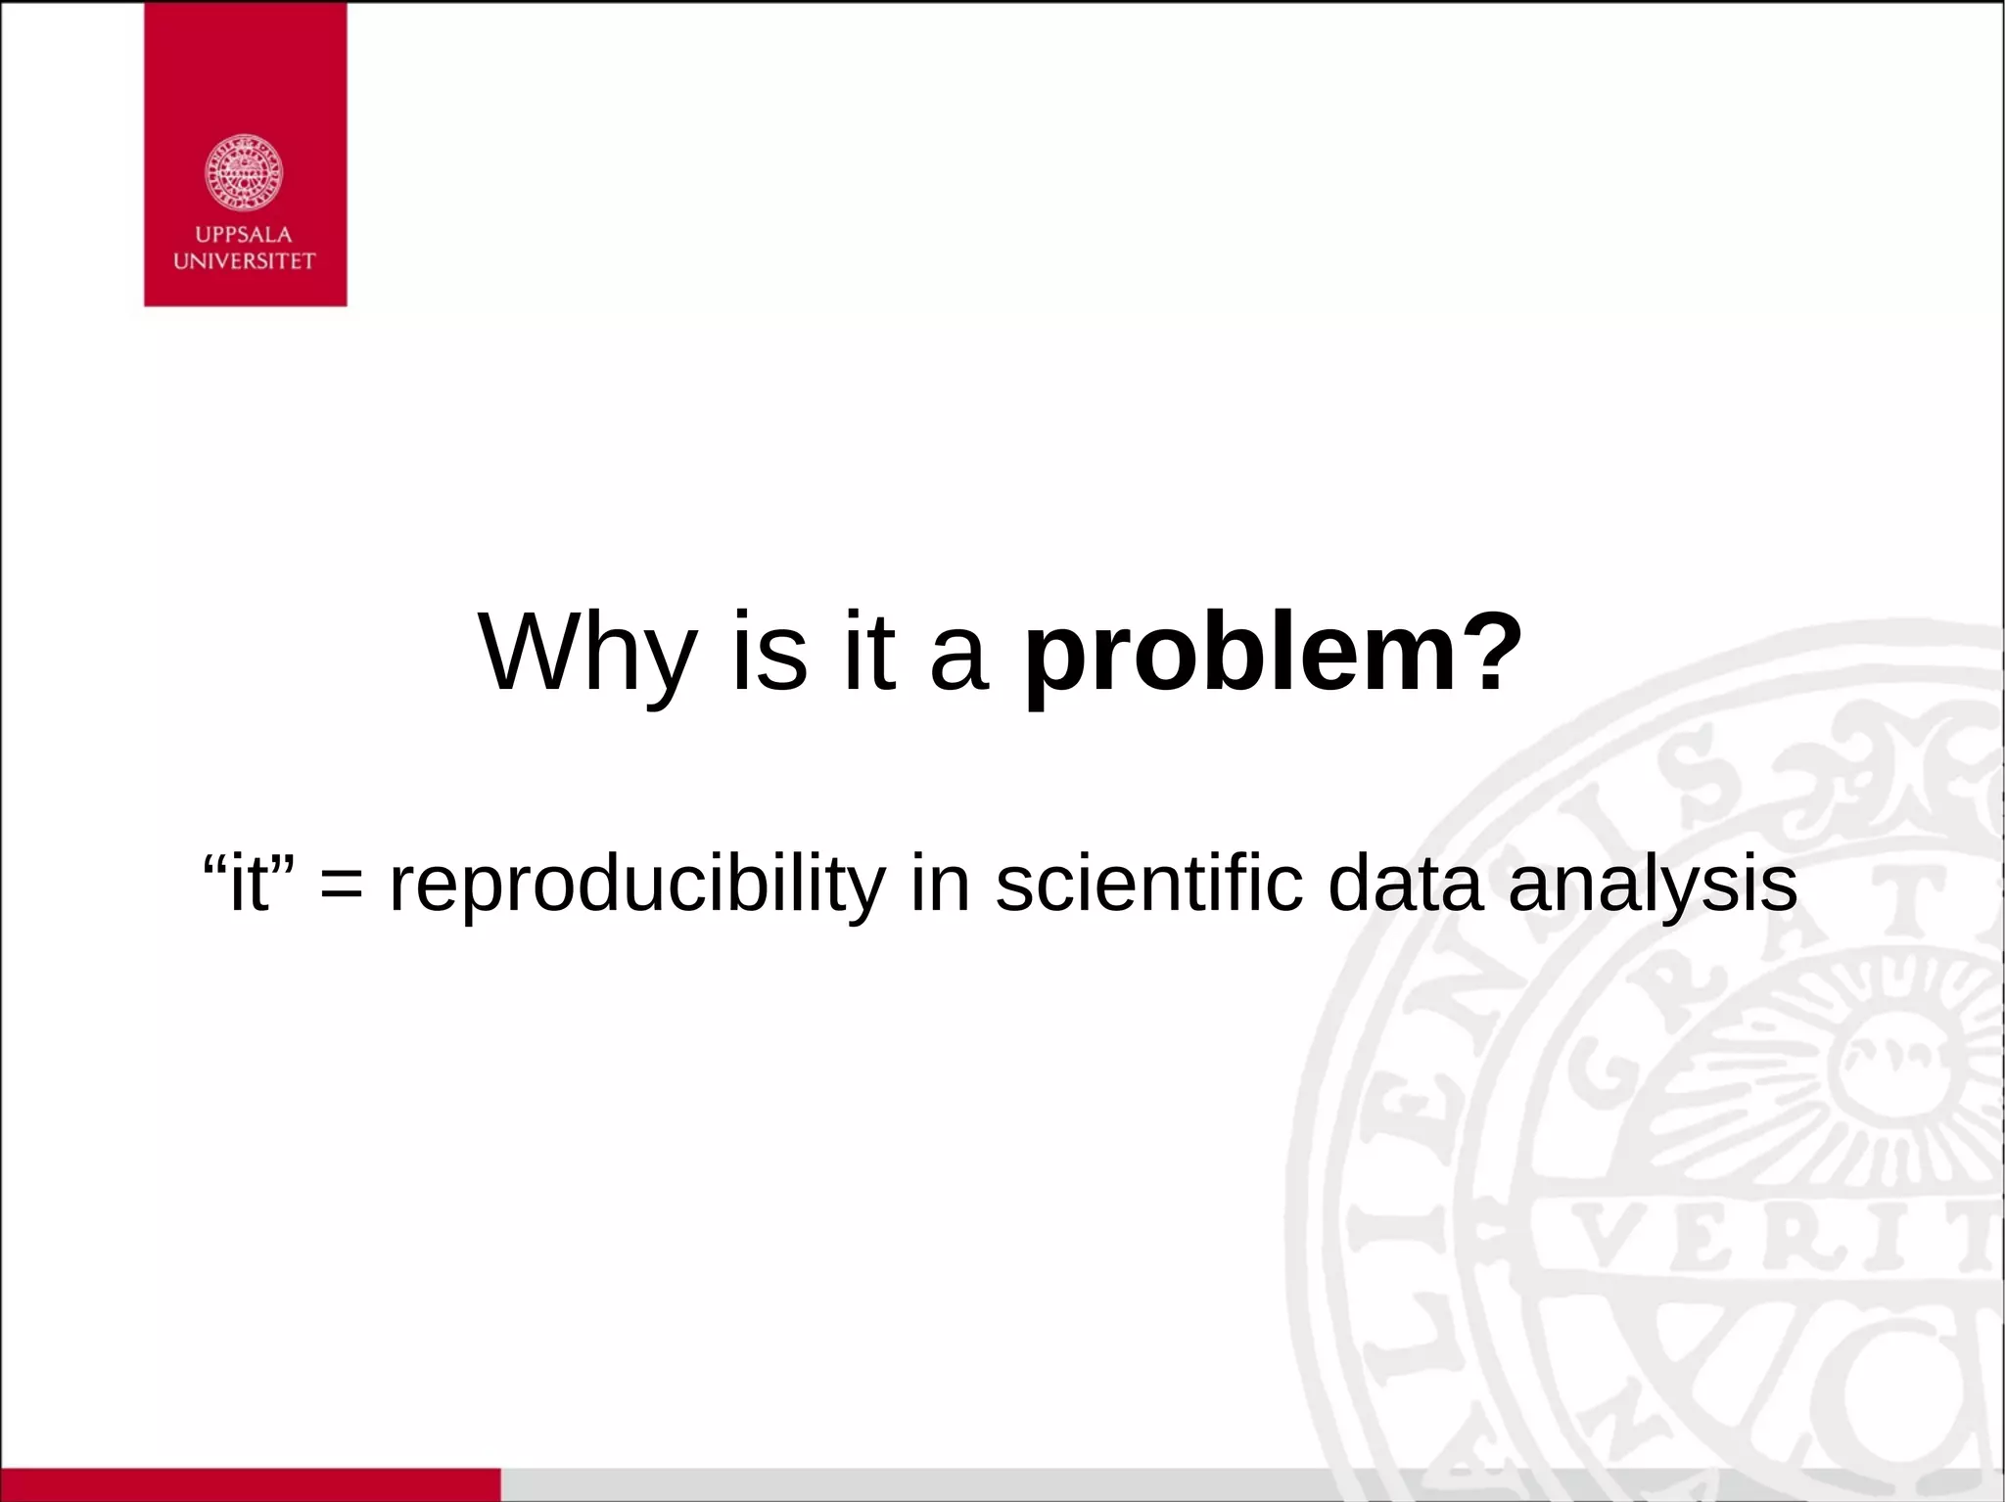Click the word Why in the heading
(x=587, y=654)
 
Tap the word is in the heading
(x=769, y=652)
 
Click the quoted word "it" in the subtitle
(x=249, y=882)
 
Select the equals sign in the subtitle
(x=341, y=884)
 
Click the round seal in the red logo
(x=244, y=173)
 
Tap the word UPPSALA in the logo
(x=244, y=235)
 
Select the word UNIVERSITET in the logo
(x=244, y=261)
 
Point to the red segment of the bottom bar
(x=250, y=1484)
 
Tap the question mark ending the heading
(x=1495, y=652)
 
